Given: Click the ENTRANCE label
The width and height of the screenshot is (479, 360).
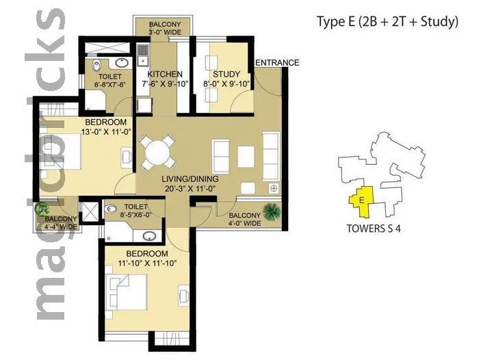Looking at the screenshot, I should (x=277, y=63).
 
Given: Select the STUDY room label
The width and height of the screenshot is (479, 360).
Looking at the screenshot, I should (x=225, y=74).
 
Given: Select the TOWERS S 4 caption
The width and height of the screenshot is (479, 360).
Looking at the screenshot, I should (x=374, y=229).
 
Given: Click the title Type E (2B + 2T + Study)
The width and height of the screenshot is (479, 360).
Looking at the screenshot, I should (x=387, y=22).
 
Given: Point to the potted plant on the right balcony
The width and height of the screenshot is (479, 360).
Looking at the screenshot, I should (x=272, y=211).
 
